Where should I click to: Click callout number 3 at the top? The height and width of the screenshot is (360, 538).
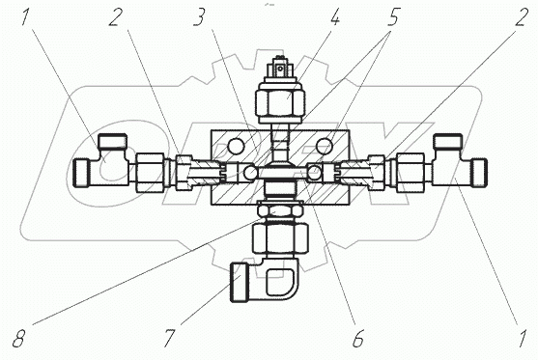(x=199, y=17)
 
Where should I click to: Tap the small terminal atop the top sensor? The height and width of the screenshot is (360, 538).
(x=280, y=68)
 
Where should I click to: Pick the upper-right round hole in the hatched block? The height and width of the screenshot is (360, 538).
(x=325, y=147)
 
